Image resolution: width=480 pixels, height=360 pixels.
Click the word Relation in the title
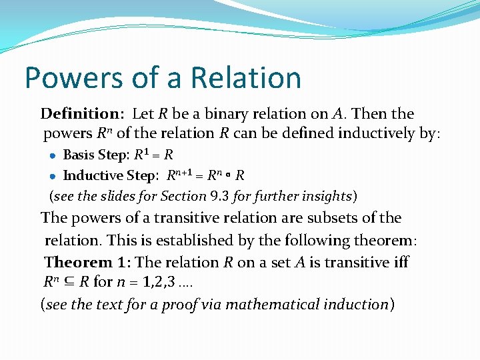pyautogui.click(x=245, y=77)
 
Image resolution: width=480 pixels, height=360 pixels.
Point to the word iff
pyautogui.click(x=401, y=262)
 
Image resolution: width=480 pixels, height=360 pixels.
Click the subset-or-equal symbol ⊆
pyautogui.click(x=67, y=282)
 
